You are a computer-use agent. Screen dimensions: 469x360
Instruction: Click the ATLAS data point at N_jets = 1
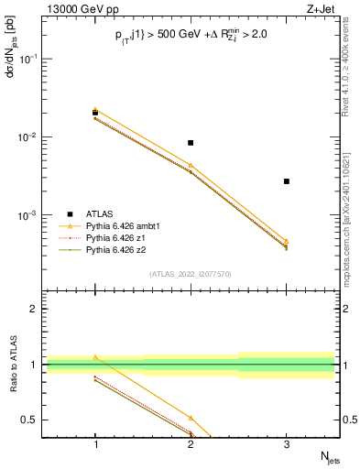coord(95,113)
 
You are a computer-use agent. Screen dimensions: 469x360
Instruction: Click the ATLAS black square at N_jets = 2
coord(191,143)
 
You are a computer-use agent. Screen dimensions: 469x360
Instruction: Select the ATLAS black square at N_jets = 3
coord(286,181)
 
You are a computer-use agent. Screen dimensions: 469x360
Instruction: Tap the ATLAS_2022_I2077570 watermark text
coord(191,274)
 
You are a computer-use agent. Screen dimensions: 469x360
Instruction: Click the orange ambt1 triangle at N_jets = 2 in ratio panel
coord(191,418)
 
